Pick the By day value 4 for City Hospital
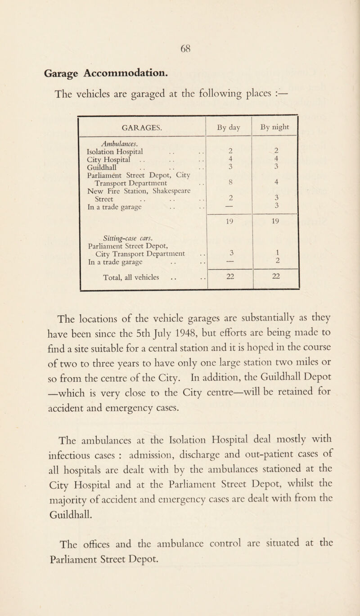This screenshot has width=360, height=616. pos(230,159)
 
